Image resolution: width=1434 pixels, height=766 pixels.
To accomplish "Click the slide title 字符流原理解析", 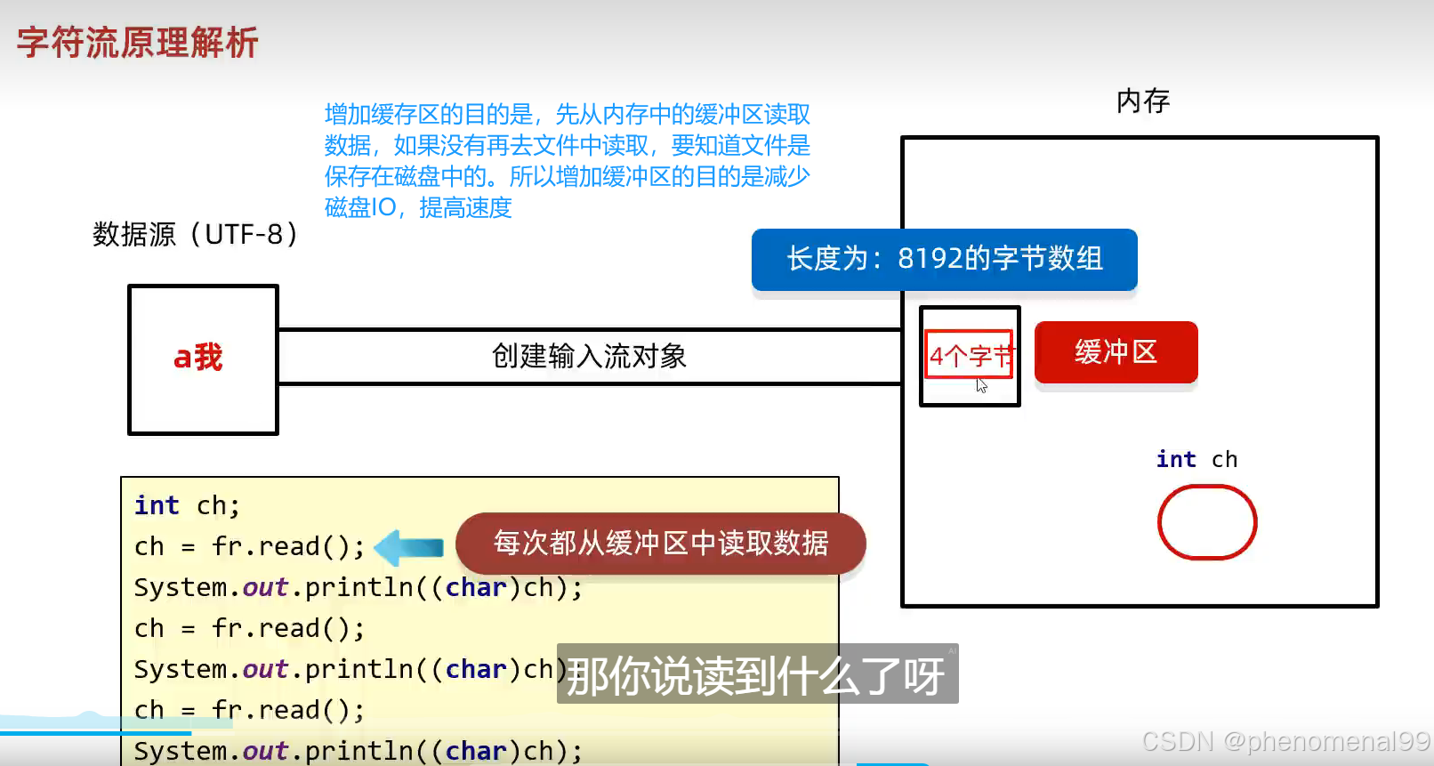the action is tap(138, 43).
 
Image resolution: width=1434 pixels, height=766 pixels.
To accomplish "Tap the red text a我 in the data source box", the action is tap(198, 357).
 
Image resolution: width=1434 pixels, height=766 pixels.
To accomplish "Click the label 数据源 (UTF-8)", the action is tap(195, 235).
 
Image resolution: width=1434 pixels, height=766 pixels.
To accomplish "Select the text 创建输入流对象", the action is tap(589, 357).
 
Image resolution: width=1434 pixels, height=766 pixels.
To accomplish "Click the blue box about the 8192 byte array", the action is tap(944, 259).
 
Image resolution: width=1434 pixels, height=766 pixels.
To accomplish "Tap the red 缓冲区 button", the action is tap(1116, 352).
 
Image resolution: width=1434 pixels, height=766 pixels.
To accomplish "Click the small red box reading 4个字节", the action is tap(969, 355).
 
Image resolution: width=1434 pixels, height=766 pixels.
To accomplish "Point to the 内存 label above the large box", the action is tap(1143, 101).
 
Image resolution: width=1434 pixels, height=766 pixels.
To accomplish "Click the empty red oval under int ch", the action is tap(1206, 522).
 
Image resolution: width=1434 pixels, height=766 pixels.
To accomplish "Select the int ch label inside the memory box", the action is tap(1196, 459).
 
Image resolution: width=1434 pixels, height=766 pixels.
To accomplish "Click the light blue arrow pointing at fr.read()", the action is tap(409, 547).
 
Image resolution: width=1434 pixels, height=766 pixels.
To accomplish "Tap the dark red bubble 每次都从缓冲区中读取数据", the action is tap(660, 543).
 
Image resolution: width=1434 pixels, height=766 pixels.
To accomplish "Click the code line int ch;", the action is tap(187, 505).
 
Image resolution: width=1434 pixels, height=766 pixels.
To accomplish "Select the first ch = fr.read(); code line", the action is tap(249, 546).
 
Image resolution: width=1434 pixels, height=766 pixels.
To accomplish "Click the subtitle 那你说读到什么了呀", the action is tap(756, 675).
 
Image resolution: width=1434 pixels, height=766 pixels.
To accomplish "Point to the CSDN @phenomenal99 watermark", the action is tap(1285, 741).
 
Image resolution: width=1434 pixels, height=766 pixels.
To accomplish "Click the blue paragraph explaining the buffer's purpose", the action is tap(567, 161).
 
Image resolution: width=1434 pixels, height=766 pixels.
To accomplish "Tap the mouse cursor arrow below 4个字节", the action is tap(981, 385).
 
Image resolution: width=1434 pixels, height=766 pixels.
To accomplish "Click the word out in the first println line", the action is tap(265, 588).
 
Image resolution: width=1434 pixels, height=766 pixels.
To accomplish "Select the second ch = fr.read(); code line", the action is tap(249, 629).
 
